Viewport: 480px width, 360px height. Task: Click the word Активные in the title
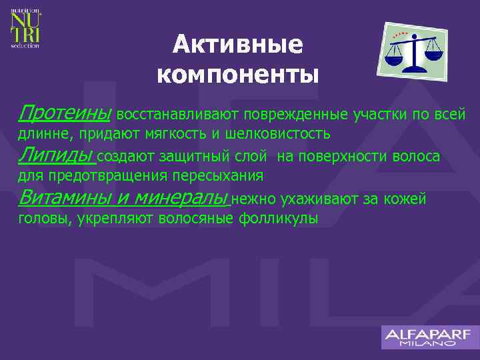(238, 45)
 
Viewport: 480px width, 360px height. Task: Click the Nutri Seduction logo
(25, 29)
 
